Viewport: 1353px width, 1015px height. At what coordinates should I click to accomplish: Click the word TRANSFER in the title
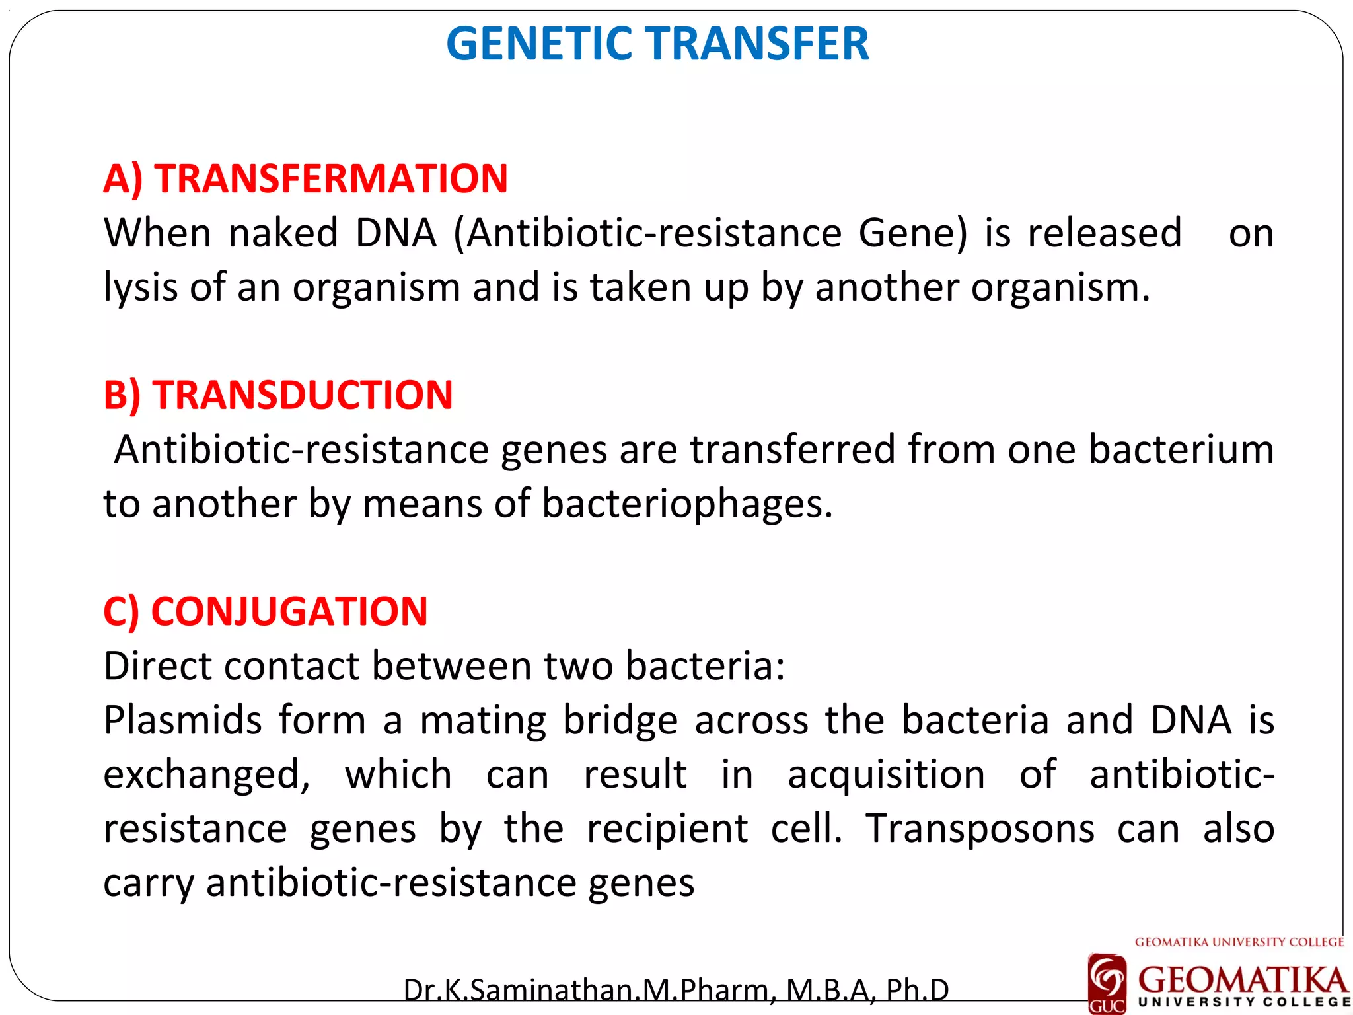click(x=758, y=44)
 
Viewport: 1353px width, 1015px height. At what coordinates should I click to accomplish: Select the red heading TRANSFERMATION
click(x=331, y=178)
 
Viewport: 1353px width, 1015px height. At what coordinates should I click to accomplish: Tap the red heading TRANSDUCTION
click(x=303, y=395)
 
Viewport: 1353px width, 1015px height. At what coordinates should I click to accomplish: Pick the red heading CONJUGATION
click(x=289, y=611)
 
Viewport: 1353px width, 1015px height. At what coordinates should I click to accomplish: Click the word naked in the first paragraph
click(x=283, y=233)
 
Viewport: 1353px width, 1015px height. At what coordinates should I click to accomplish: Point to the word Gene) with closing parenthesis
click(x=912, y=233)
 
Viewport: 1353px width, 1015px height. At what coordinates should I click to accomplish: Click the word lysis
click(x=141, y=288)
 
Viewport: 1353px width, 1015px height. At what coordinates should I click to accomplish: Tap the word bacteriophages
click(x=687, y=504)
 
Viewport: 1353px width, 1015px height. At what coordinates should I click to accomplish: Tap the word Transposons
click(x=980, y=829)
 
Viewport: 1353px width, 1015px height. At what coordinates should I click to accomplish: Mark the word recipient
click(x=668, y=829)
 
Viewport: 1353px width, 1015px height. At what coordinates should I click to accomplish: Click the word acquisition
click(x=887, y=774)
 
